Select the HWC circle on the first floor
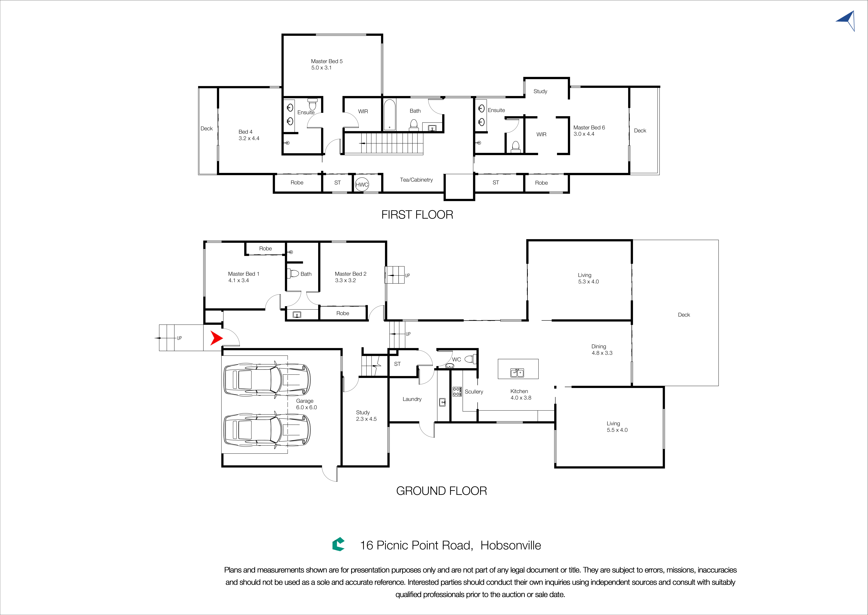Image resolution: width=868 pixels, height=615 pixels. click(x=362, y=184)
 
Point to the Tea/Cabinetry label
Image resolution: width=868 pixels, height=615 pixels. click(x=416, y=180)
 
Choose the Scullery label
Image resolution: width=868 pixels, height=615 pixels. click(x=474, y=392)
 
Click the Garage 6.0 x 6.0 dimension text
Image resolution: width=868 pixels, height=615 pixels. click(x=306, y=408)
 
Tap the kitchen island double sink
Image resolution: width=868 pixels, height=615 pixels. click(x=517, y=373)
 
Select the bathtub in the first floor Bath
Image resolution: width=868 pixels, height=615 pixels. click(x=390, y=114)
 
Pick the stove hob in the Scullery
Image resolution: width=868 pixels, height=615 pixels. click(x=457, y=392)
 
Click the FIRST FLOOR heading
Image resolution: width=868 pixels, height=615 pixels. click(x=417, y=215)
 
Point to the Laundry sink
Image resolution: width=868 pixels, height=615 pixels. click(x=442, y=402)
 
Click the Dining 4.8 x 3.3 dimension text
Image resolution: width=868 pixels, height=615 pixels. click(x=602, y=353)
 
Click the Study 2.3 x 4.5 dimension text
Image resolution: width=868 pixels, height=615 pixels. click(x=366, y=419)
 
